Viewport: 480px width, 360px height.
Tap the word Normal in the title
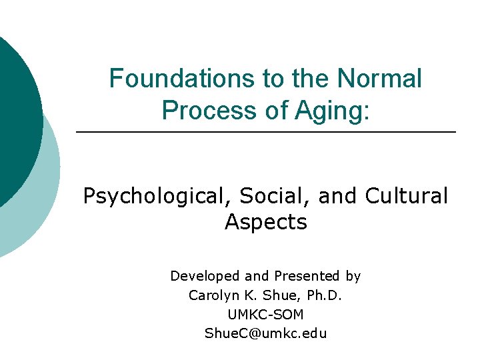tap(379, 79)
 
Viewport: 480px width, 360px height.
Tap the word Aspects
tap(265, 222)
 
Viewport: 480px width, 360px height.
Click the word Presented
tap(303, 276)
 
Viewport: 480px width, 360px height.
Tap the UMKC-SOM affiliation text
tap(265, 314)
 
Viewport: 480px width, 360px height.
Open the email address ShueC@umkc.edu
tap(265, 333)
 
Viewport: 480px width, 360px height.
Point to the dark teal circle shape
tap(17, 120)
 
